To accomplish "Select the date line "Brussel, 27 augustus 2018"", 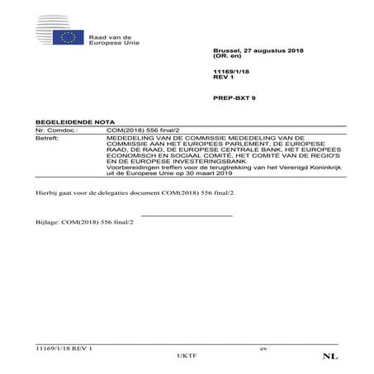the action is [246, 51].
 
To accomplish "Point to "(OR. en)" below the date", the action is [225, 57].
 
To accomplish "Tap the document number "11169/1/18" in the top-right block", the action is [228, 73].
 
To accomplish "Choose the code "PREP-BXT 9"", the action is [231, 98].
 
